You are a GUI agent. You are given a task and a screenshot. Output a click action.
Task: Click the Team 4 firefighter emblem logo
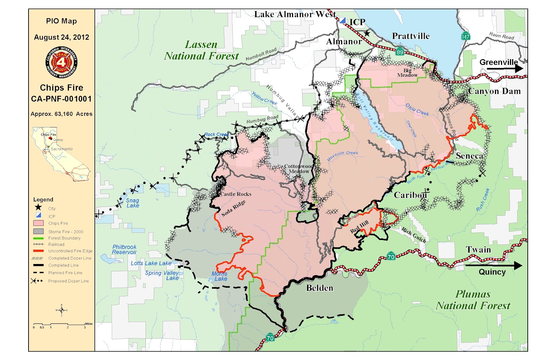[61, 62]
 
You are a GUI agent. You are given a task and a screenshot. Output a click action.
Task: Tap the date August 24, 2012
[61, 37]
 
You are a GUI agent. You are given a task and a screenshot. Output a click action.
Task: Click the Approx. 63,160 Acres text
[61, 114]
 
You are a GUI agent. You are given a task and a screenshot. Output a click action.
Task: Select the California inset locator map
[61, 154]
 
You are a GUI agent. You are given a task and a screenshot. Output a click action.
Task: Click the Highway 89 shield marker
[400, 52]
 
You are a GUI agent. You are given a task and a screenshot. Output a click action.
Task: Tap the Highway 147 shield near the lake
[465, 36]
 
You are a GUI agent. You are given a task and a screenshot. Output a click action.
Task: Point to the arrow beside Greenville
[504, 69]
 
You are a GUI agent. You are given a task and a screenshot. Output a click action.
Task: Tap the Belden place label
[320, 288]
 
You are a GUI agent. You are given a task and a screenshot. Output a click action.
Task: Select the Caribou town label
[410, 195]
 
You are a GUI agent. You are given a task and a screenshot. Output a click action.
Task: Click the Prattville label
[411, 36]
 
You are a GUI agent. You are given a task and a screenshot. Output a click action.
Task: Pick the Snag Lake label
[132, 203]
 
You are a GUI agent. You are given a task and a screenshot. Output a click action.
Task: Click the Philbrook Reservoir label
[124, 249]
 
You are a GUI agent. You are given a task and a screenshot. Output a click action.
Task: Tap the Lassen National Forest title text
[201, 50]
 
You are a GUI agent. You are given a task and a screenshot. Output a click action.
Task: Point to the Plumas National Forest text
[473, 300]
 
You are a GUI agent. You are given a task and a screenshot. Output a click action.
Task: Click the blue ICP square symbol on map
[343, 21]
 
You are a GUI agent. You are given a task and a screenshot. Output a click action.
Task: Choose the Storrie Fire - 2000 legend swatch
[38, 231]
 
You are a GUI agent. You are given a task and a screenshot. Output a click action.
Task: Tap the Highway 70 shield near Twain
[391, 257]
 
